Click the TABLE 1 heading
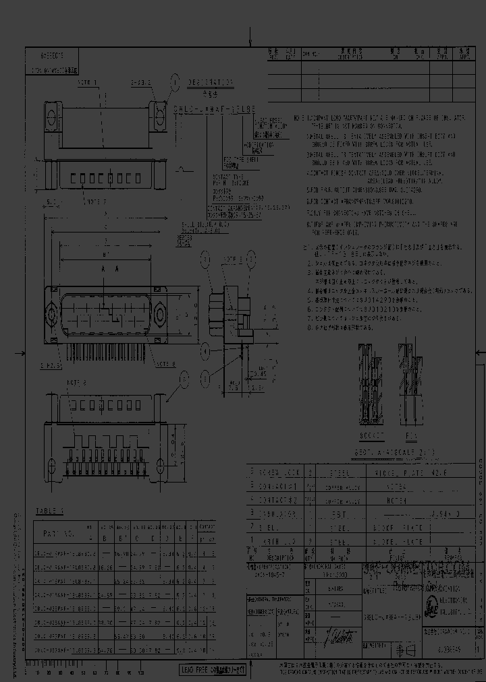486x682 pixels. click(x=48, y=511)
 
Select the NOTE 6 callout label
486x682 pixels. click(x=76, y=381)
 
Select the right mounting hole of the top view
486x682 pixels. click(x=160, y=110)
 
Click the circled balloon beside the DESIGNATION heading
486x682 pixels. click(x=175, y=81)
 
